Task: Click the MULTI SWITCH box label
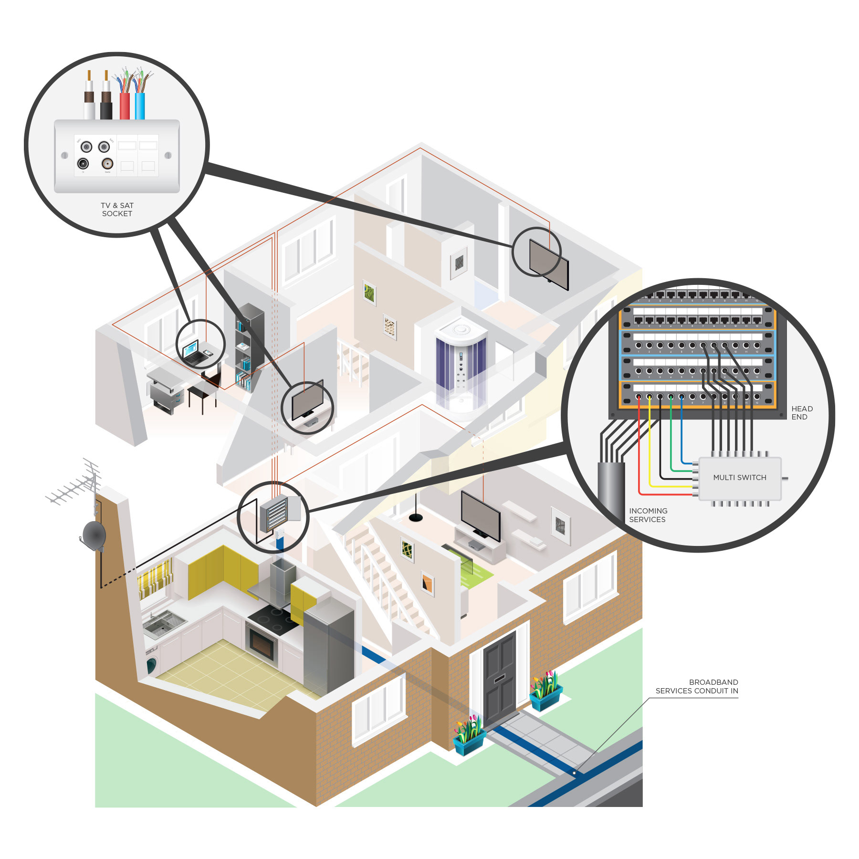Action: click(x=739, y=477)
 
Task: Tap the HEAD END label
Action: click(x=802, y=413)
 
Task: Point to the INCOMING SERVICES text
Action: click(x=648, y=515)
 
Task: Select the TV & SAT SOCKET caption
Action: click(x=117, y=210)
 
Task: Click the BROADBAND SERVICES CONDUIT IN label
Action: click(x=697, y=686)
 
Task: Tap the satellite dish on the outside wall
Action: click(x=94, y=535)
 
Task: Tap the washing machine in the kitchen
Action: click(x=152, y=664)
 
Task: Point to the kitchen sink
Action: click(x=162, y=623)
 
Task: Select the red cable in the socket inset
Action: click(x=125, y=106)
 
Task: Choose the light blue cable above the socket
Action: click(x=140, y=106)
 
